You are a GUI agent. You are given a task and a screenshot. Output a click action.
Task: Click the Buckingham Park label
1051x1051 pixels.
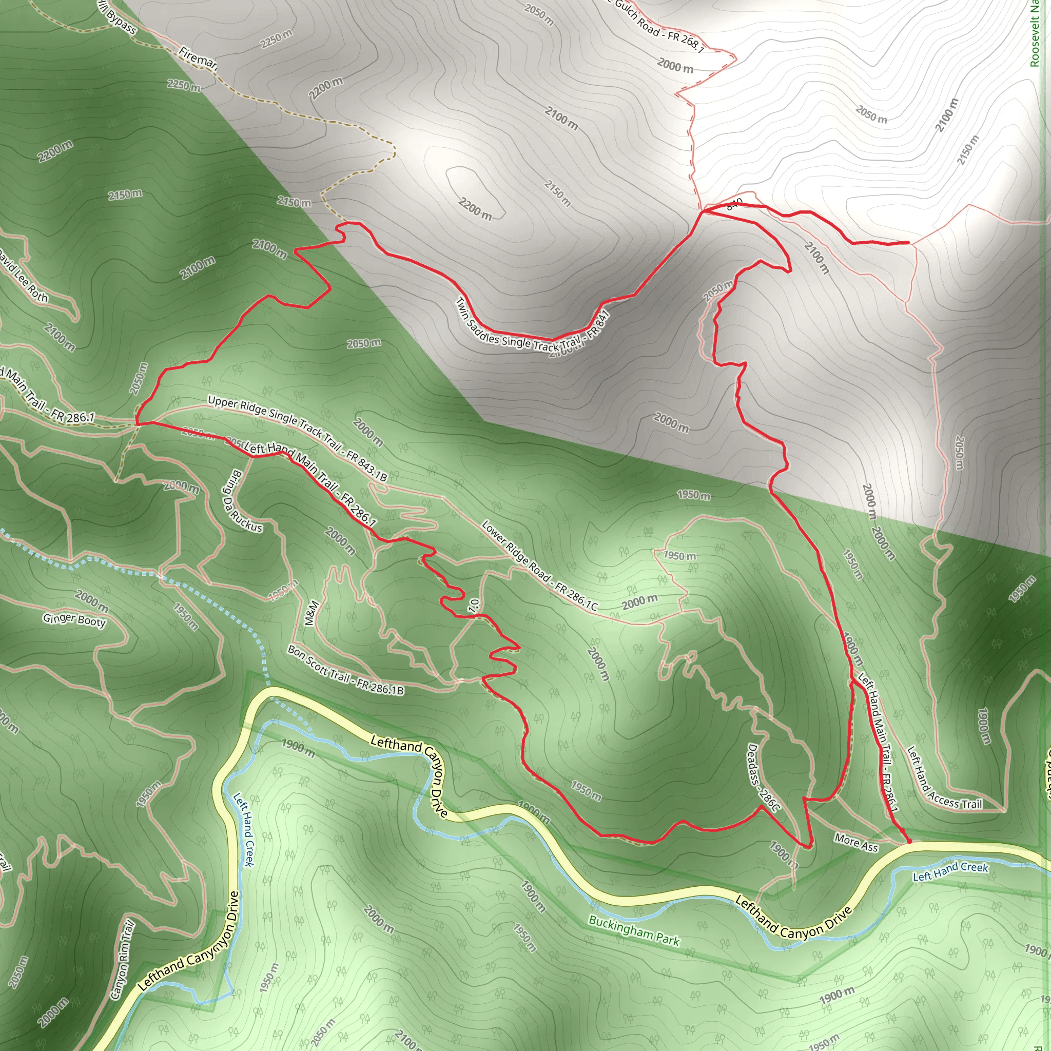click(x=634, y=931)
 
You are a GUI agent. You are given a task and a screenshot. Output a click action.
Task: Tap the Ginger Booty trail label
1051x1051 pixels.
click(x=74, y=619)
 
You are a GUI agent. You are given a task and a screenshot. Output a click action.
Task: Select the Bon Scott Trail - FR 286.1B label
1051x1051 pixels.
click(x=345, y=670)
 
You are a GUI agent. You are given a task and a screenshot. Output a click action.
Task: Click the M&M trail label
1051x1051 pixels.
click(x=310, y=613)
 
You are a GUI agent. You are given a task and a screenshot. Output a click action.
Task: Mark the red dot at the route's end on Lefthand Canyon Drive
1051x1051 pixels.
click(x=908, y=842)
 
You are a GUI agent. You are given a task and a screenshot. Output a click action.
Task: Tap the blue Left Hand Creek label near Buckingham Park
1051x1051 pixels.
click(x=950, y=870)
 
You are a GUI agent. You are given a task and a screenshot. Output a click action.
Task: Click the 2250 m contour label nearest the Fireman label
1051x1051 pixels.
click(x=183, y=85)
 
